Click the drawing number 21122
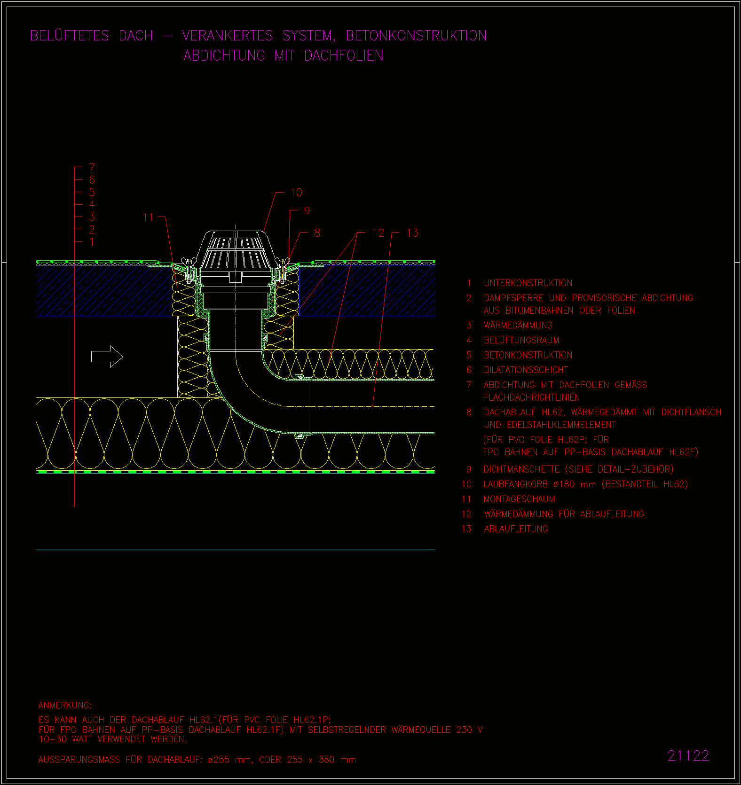[688, 755]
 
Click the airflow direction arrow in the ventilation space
[107, 357]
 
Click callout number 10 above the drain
[296, 193]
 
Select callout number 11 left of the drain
[148, 217]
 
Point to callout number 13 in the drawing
[412, 233]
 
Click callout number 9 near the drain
[307, 211]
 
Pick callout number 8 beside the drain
[317, 233]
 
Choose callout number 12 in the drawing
[378, 233]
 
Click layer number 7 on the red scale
[92, 167]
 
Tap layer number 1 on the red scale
[92, 242]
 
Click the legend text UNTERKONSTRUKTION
[528, 283]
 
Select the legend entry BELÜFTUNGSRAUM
[521, 340]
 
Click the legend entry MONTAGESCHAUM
[520, 499]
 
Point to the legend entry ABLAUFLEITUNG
[516, 529]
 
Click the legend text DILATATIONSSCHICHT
[526, 370]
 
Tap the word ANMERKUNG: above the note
[65, 705]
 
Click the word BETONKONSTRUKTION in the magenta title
[417, 36]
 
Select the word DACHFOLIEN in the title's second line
[344, 56]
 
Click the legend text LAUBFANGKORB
[516, 484]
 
